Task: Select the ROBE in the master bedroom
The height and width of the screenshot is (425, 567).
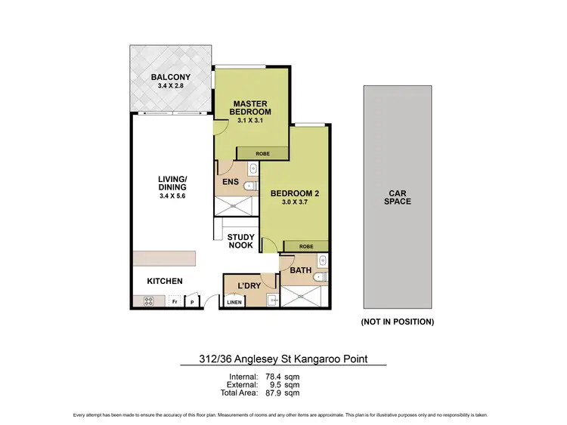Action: (x=262, y=153)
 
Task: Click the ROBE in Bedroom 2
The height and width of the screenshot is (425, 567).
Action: (x=305, y=246)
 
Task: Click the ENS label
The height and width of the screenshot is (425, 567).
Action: (x=231, y=181)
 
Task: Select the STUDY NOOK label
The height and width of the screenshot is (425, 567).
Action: (x=241, y=242)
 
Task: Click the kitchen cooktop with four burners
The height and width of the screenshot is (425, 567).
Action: (x=148, y=302)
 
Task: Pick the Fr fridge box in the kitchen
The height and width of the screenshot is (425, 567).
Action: (x=174, y=302)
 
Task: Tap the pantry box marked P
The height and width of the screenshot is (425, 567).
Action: (x=191, y=302)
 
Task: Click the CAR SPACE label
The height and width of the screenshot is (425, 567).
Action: (x=397, y=197)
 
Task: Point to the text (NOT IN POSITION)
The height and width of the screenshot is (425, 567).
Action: (x=398, y=322)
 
